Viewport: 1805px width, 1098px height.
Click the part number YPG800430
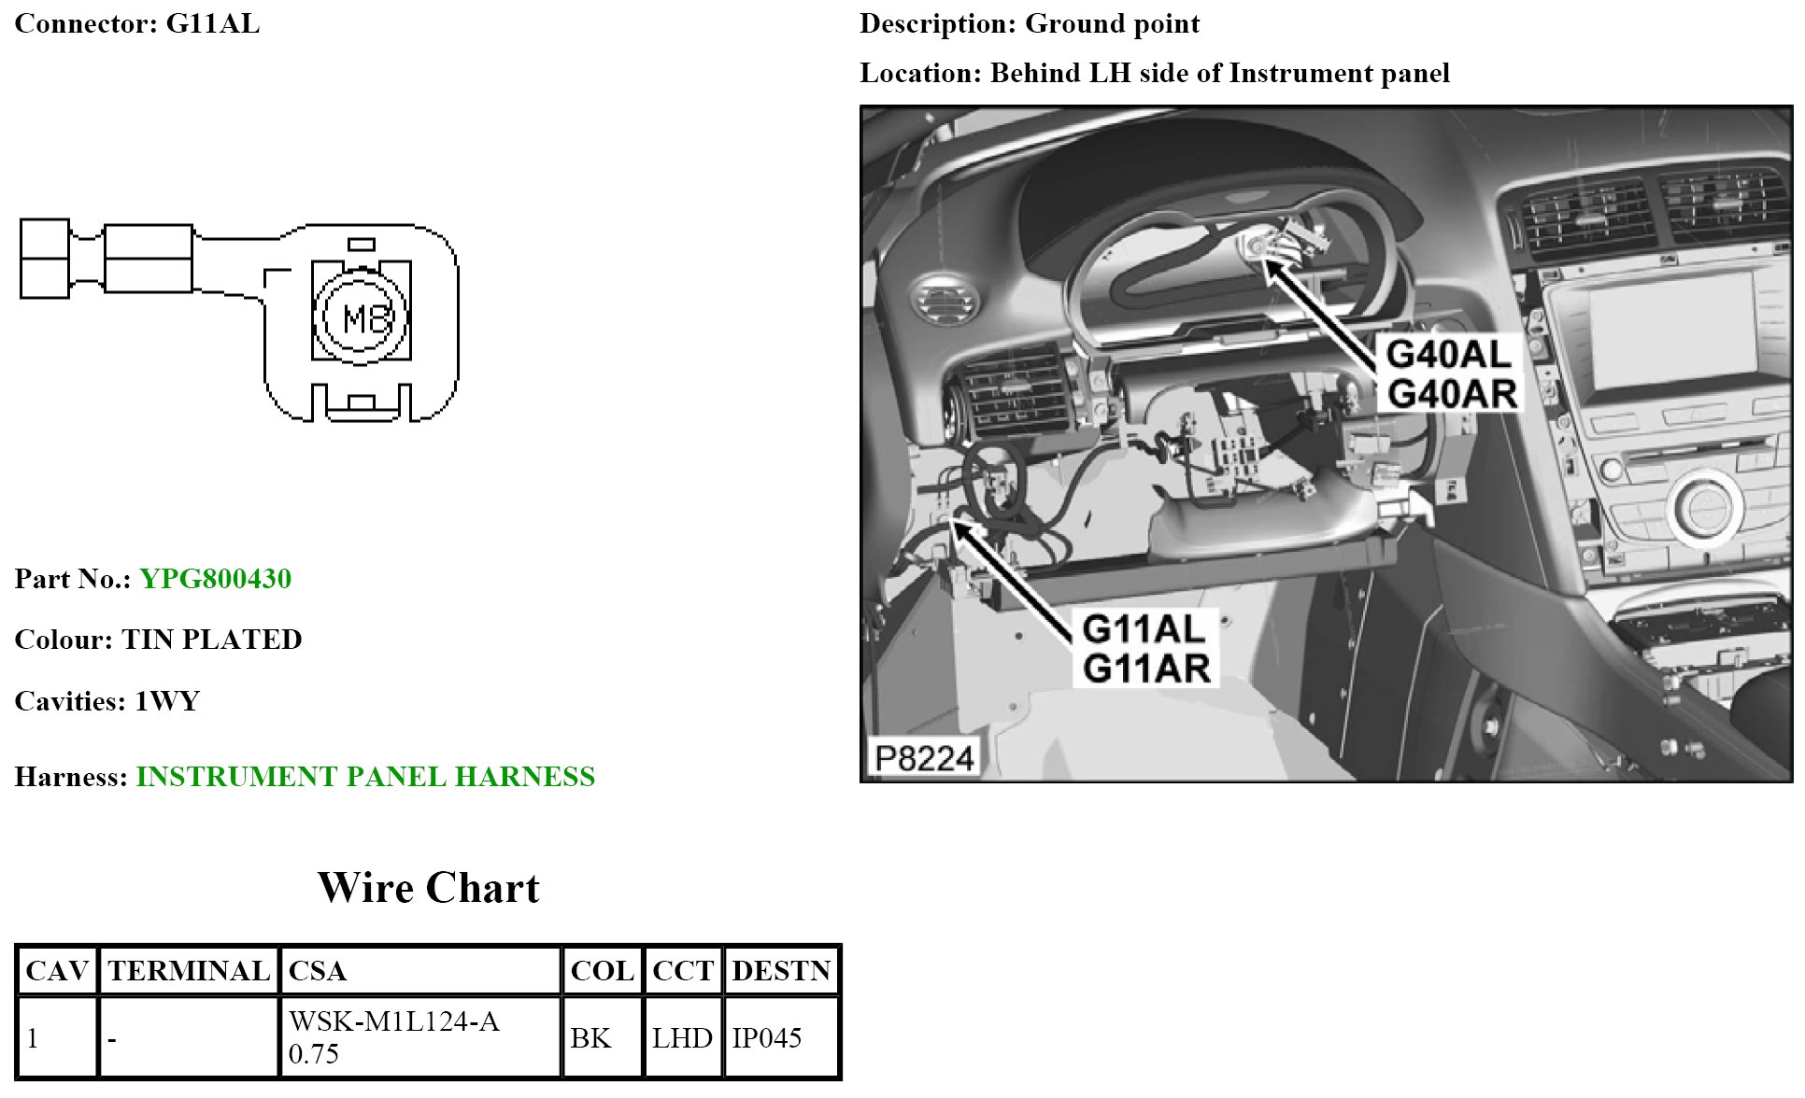[215, 579]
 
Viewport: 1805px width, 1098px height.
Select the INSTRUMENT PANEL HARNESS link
[365, 777]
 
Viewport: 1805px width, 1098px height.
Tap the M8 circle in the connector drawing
[362, 317]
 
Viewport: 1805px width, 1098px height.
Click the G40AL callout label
[1448, 355]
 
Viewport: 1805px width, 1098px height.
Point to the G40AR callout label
[1451, 394]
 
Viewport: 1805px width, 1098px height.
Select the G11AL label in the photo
[1144, 629]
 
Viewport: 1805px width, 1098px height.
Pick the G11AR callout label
[1145, 669]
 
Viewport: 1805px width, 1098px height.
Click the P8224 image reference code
[923, 757]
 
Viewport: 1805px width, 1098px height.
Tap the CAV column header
[57, 971]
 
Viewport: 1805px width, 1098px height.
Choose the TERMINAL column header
[189, 971]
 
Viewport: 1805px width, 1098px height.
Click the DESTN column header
[781, 971]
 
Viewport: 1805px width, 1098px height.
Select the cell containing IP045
[767, 1038]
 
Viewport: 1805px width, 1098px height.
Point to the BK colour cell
[590, 1038]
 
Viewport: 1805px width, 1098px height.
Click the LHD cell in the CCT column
[682, 1038]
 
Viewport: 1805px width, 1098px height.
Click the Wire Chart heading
[428, 888]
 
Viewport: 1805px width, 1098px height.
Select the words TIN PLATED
[212, 640]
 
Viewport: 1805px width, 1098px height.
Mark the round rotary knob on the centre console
[1706, 505]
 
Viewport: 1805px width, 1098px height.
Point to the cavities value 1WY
[167, 701]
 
